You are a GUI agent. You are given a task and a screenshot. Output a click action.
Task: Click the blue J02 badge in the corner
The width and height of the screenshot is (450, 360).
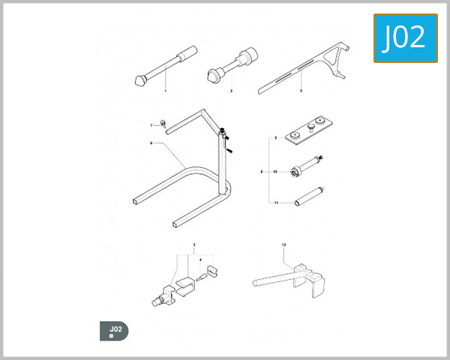click(405, 37)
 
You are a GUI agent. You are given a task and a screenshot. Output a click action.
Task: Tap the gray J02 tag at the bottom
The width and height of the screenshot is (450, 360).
click(115, 331)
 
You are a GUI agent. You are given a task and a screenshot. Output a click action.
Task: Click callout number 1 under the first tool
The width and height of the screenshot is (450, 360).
click(165, 91)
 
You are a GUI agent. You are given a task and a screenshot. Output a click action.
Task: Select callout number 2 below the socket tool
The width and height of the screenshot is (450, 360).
click(231, 91)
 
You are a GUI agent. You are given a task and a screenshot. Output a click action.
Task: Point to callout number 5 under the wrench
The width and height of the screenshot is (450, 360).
click(301, 91)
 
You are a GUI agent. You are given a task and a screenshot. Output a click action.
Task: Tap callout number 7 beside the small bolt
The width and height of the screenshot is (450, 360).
click(151, 124)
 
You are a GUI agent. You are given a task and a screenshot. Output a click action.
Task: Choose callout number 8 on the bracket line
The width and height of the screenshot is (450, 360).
click(262, 172)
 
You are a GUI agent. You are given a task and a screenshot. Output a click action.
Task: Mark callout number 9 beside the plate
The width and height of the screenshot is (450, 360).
click(275, 139)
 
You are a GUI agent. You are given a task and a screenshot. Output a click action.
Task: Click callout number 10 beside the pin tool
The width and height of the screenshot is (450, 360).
click(275, 172)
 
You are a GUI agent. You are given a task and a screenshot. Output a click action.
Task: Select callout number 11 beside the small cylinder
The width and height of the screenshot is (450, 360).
click(275, 202)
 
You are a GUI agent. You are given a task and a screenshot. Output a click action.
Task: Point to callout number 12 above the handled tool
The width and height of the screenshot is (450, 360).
click(284, 245)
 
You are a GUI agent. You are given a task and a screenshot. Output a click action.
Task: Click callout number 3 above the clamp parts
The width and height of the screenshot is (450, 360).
click(193, 245)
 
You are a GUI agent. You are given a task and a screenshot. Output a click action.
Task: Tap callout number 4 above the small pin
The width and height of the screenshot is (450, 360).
click(200, 259)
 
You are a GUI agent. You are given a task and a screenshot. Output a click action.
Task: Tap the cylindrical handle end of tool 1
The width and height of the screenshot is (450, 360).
click(186, 53)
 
